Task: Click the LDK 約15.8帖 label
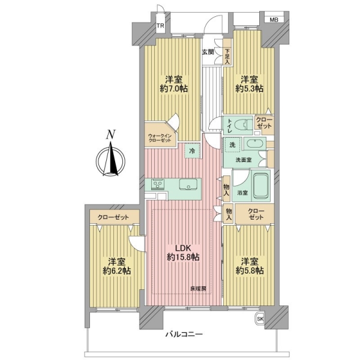[183, 253]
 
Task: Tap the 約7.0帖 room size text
[174, 88]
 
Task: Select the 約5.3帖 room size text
[250, 88]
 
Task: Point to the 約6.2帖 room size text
[117, 271]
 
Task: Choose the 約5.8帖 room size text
[250, 271]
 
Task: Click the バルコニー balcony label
[184, 334]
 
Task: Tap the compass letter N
[110, 134]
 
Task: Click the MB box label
[274, 20]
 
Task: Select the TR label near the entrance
[160, 25]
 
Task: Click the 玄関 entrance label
[208, 52]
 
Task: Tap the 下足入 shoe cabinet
[227, 52]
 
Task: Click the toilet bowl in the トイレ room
[243, 125]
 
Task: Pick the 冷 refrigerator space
[193, 151]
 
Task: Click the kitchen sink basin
[188, 184]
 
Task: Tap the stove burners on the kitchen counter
[157, 184]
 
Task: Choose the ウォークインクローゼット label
[160, 138]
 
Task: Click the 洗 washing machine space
[232, 145]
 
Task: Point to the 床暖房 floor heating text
[198, 289]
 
